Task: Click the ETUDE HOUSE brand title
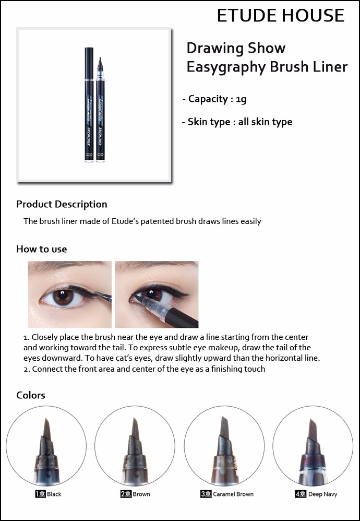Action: (x=281, y=15)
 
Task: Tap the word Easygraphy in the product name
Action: (x=226, y=67)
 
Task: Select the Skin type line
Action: (x=237, y=122)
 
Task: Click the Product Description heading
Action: (x=62, y=204)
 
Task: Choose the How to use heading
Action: (x=42, y=249)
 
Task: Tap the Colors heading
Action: (x=31, y=395)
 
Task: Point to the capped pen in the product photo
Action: (x=89, y=104)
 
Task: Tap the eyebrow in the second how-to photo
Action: (x=156, y=266)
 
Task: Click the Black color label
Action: (x=54, y=494)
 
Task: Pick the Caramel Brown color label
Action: (x=233, y=494)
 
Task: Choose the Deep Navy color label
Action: (x=322, y=494)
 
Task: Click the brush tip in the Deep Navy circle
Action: (x=313, y=430)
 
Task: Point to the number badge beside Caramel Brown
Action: (x=206, y=494)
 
